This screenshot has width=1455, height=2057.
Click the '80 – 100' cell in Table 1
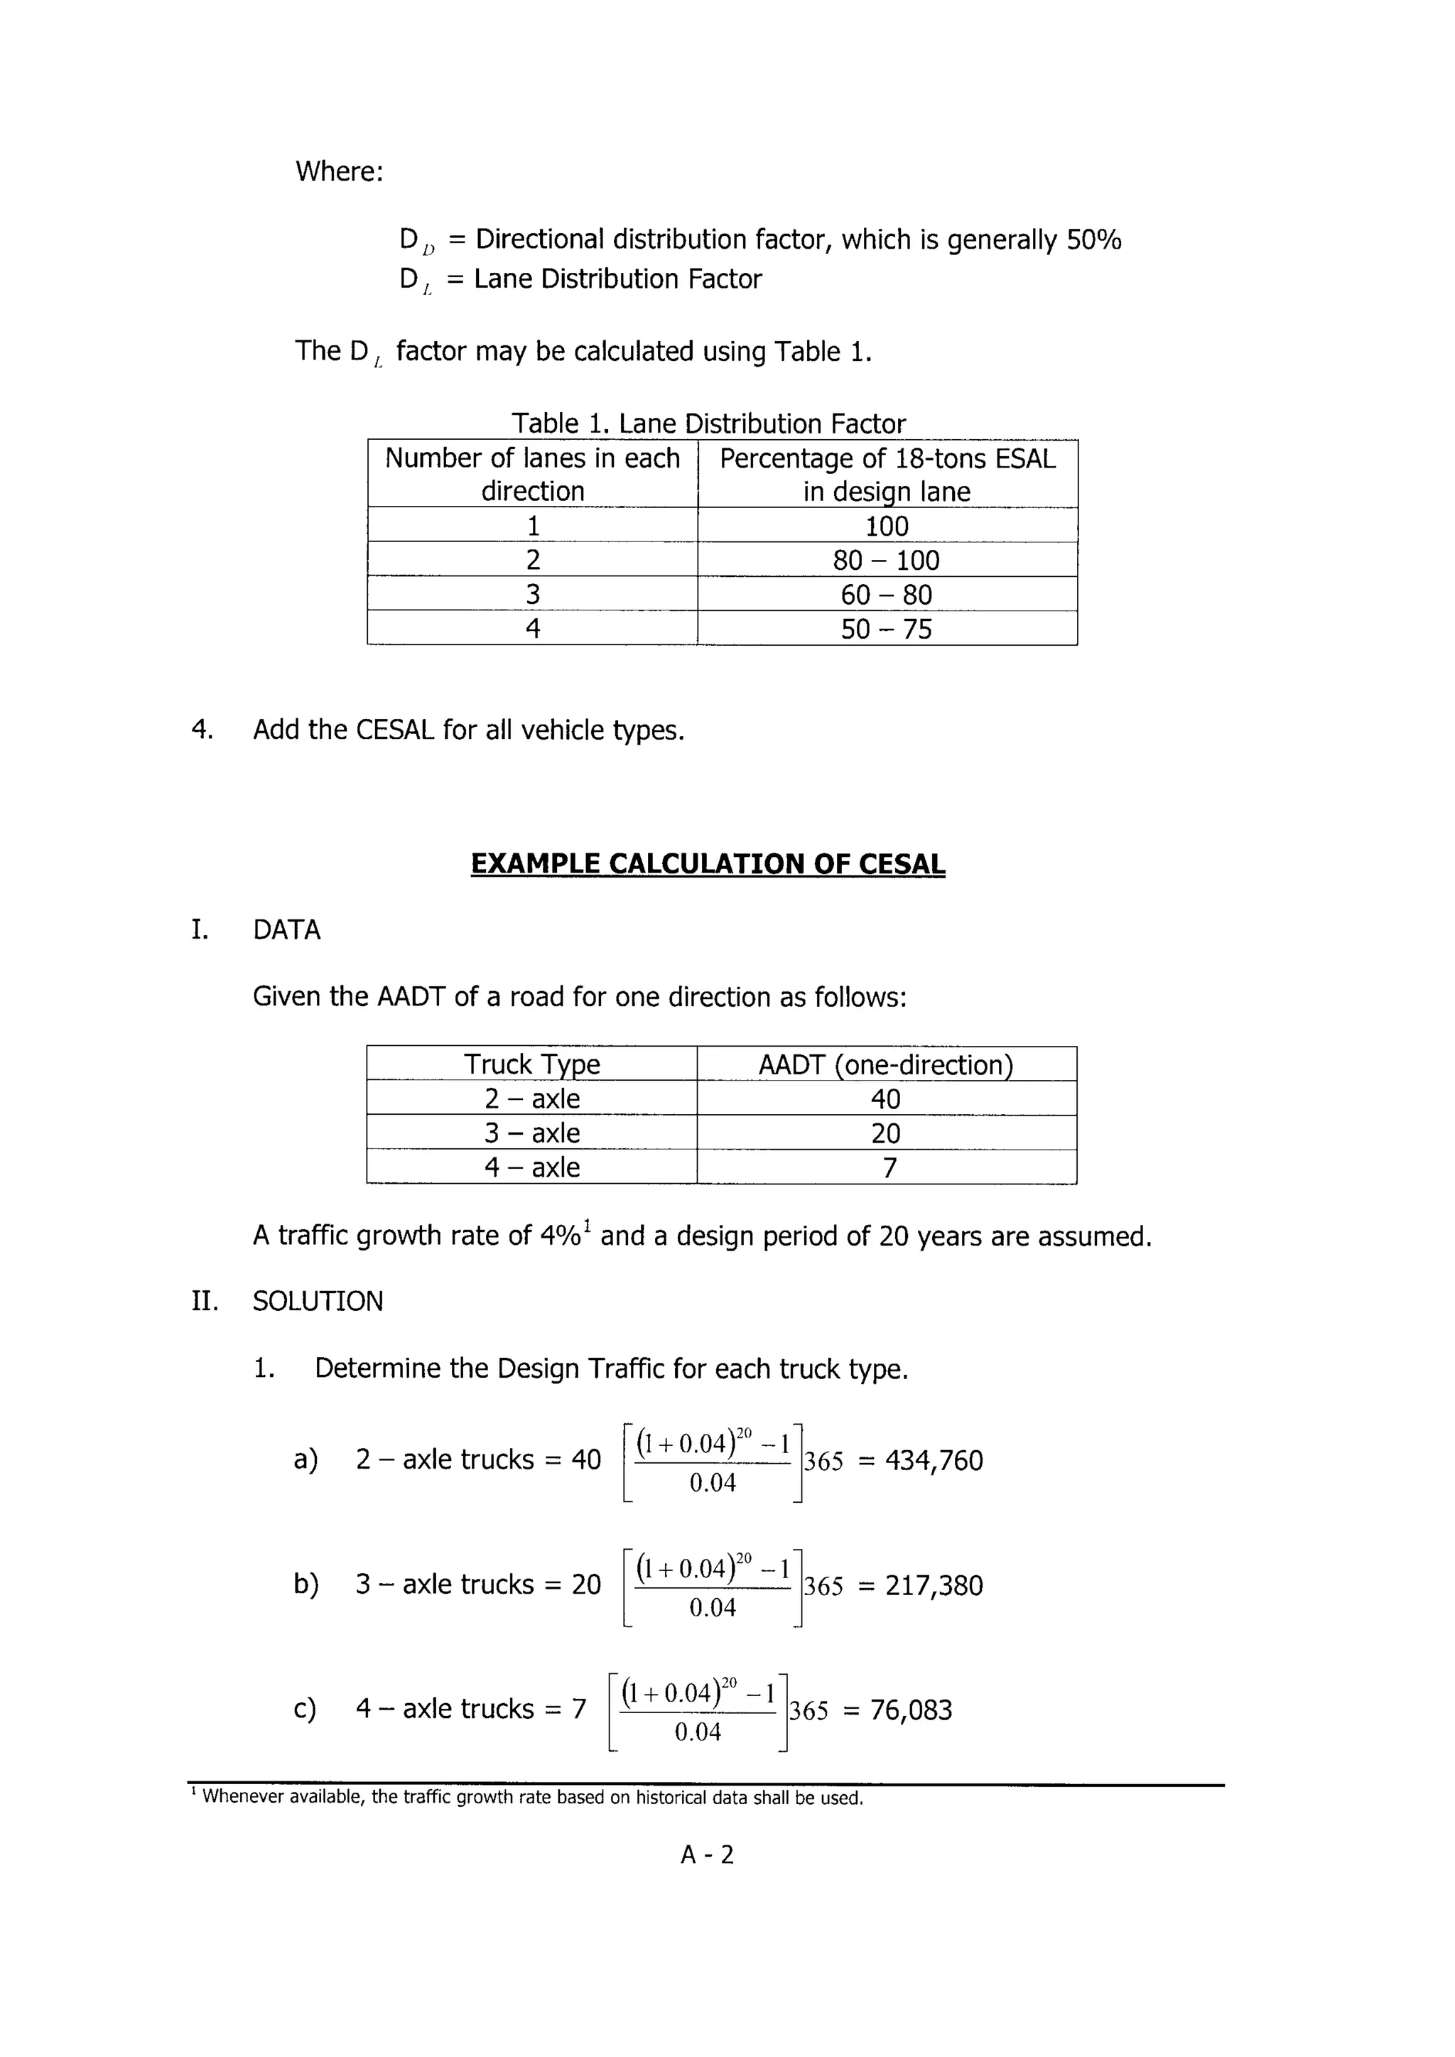[x=886, y=560]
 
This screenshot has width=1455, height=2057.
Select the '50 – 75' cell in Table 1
[x=886, y=629]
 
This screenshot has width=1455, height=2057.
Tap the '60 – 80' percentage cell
[x=886, y=594]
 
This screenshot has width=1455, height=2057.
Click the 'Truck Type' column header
[x=532, y=1064]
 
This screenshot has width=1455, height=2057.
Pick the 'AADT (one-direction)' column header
[x=886, y=1064]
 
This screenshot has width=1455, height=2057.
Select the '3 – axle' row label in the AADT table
[x=532, y=1133]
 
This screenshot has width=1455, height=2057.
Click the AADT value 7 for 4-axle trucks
[x=889, y=1167]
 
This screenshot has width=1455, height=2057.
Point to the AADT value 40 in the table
[x=886, y=1098]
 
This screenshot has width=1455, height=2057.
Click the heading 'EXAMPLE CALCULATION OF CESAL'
[x=708, y=863]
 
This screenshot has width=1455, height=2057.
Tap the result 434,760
[x=934, y=1460]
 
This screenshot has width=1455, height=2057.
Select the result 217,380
[x=934, y=1585]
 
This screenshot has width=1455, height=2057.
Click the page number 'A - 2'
[x=707, y=1854]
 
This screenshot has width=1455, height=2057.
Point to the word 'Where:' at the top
[x=340, y=171]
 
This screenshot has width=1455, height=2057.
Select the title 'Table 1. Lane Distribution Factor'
[x=708, y=423]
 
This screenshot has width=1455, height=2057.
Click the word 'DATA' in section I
[x=287, y=930]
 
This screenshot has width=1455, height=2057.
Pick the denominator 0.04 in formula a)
[x=713, y=1483]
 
